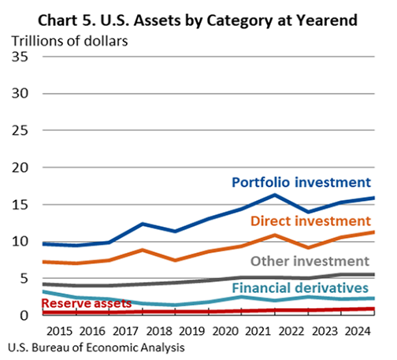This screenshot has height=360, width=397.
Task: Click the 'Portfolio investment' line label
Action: [x=301, y=182]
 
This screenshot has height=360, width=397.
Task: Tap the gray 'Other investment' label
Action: [x=310, y=260]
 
